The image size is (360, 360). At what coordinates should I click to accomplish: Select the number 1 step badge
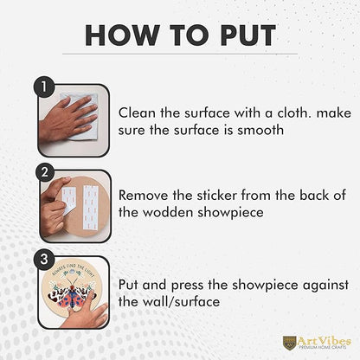44,87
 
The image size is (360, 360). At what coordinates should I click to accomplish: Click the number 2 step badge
45,172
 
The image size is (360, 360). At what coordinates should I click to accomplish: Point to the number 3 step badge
44,259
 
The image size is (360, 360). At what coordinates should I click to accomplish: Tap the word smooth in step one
260,130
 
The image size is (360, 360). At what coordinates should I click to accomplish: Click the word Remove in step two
144,196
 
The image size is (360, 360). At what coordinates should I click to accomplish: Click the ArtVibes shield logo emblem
289,342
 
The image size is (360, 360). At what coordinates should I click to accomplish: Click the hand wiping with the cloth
67,119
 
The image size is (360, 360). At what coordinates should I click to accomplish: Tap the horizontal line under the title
180,54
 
